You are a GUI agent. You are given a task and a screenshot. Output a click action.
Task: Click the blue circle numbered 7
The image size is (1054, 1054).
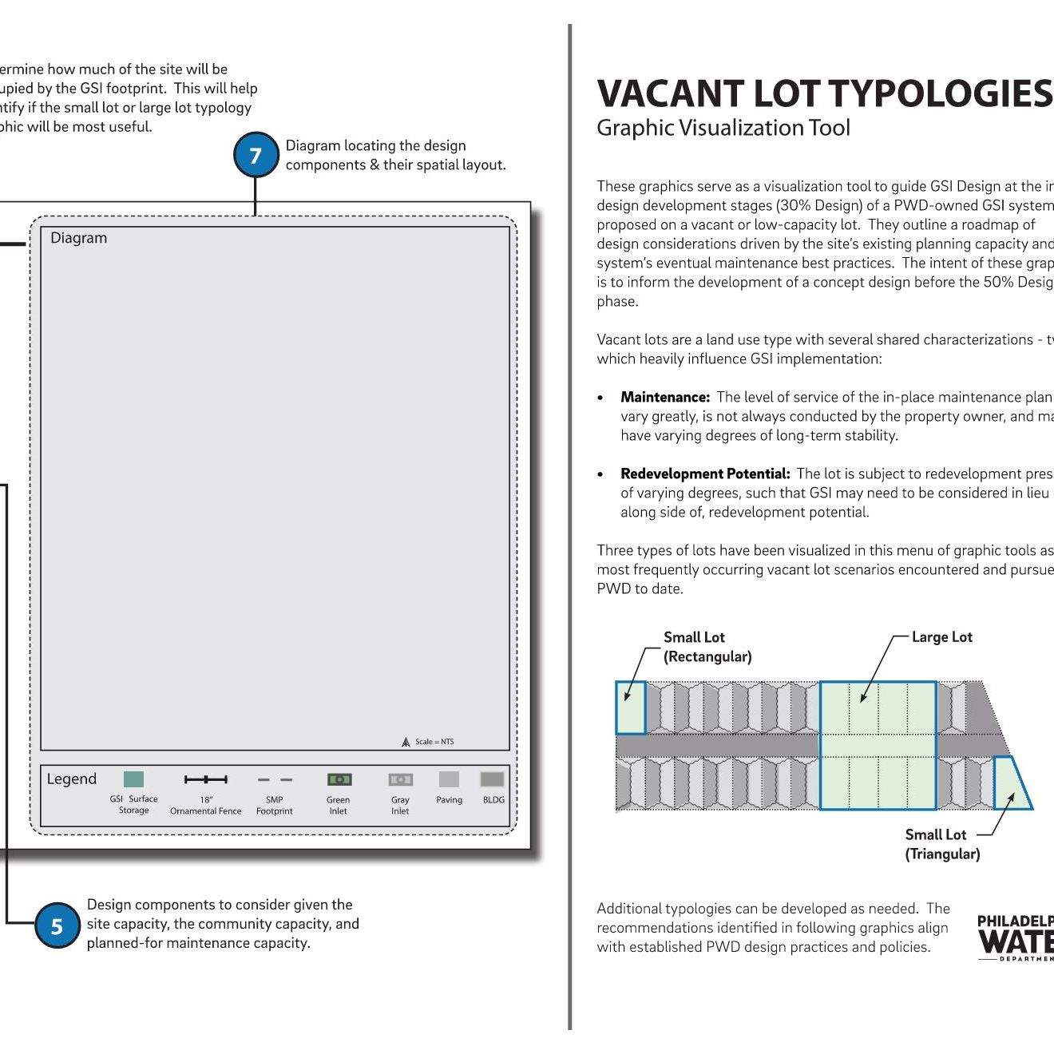(256, 155)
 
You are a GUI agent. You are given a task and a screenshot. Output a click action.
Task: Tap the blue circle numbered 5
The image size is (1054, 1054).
(57, 925)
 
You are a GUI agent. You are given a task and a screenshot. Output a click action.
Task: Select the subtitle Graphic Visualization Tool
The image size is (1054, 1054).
(723, 128)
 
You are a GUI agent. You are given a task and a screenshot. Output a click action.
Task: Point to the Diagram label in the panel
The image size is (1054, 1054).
(78, 238)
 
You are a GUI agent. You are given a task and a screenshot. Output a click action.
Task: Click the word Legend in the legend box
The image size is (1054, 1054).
(71, 779)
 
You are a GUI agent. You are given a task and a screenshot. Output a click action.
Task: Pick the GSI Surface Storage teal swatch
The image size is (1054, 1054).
(133, 779)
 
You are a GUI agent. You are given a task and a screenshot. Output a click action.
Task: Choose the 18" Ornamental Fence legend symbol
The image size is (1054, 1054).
(205, 779)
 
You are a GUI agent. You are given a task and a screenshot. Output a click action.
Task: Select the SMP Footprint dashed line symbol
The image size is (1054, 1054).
(275, 779)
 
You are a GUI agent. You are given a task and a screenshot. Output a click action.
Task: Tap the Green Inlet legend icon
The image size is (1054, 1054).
(339, 779)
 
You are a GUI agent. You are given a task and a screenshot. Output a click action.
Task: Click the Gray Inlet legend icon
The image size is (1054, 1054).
(400, 779)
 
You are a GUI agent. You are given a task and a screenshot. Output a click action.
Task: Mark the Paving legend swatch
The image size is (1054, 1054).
(449, 779)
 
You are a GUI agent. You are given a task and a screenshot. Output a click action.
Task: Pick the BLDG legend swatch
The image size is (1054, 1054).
(492, 779)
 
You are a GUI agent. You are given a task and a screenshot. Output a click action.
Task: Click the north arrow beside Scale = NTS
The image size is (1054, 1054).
(406, 742)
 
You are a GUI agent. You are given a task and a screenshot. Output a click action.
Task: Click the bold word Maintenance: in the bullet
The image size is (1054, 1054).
(665, 397)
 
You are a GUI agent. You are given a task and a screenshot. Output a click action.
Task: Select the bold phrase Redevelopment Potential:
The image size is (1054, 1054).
(705, 474)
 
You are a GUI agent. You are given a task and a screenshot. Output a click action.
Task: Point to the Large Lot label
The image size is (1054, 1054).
(941, 637)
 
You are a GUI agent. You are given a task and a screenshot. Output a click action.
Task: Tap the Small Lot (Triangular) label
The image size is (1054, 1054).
(941, 844)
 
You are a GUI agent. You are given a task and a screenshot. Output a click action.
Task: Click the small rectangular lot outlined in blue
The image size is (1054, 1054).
(630, 707)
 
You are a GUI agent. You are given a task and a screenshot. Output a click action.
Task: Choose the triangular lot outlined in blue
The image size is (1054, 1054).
(1011, 787)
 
